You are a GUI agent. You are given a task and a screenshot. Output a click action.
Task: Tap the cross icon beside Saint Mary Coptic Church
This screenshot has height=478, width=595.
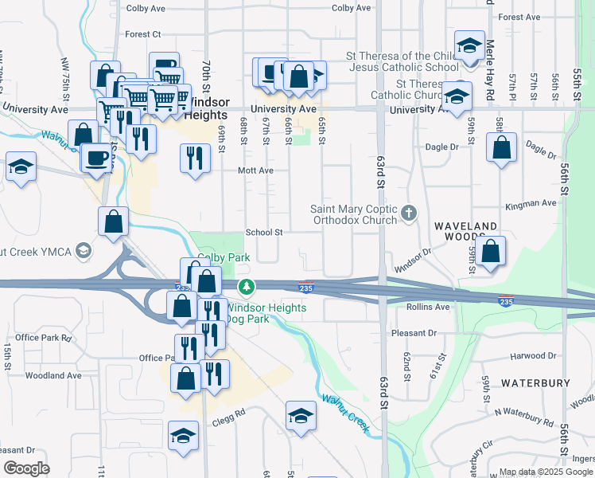(x=409, y=213)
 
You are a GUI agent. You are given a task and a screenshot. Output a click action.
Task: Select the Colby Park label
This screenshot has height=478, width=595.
(x=224, y=257)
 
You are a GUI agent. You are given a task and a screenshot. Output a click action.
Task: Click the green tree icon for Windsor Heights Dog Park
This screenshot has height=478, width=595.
(x=247, y=286)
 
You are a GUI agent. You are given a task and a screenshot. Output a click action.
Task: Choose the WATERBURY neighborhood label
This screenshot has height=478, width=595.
(x=535, y=383)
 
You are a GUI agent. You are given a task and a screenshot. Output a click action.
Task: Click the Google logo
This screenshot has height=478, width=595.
(x=28, y=468)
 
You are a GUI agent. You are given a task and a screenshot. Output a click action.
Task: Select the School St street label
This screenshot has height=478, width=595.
(x=264, y=233)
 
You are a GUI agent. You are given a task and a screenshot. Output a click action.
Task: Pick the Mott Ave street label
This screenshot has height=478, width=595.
(x=255, y=170)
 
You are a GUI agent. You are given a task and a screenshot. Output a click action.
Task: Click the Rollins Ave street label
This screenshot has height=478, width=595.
(x=428, y=307)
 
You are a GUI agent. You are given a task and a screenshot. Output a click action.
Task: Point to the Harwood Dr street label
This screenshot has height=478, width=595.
(x=533, y=355)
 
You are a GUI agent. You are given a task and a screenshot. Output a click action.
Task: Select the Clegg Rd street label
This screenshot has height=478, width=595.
(x=228, y=413)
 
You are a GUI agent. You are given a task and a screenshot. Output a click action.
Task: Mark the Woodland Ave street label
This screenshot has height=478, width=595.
(x=53, y=375)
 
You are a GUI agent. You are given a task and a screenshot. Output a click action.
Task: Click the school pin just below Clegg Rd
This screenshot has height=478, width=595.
(x=183, y=436)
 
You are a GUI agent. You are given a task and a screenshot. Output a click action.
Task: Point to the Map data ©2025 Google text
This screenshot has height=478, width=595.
(x=545, y=472)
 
